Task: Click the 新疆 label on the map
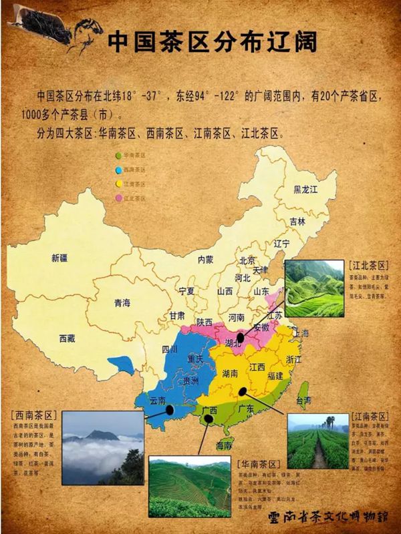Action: tap(59, 258)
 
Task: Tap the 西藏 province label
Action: tap(68, 338)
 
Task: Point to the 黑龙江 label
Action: tap(305, 190)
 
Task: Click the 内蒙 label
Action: tap(205, 259)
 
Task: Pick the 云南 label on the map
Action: tap(158, 400)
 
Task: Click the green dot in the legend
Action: tap(118, 155)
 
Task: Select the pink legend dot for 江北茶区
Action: tap(118, 199)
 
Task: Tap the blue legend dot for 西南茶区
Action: tap(118, 170)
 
